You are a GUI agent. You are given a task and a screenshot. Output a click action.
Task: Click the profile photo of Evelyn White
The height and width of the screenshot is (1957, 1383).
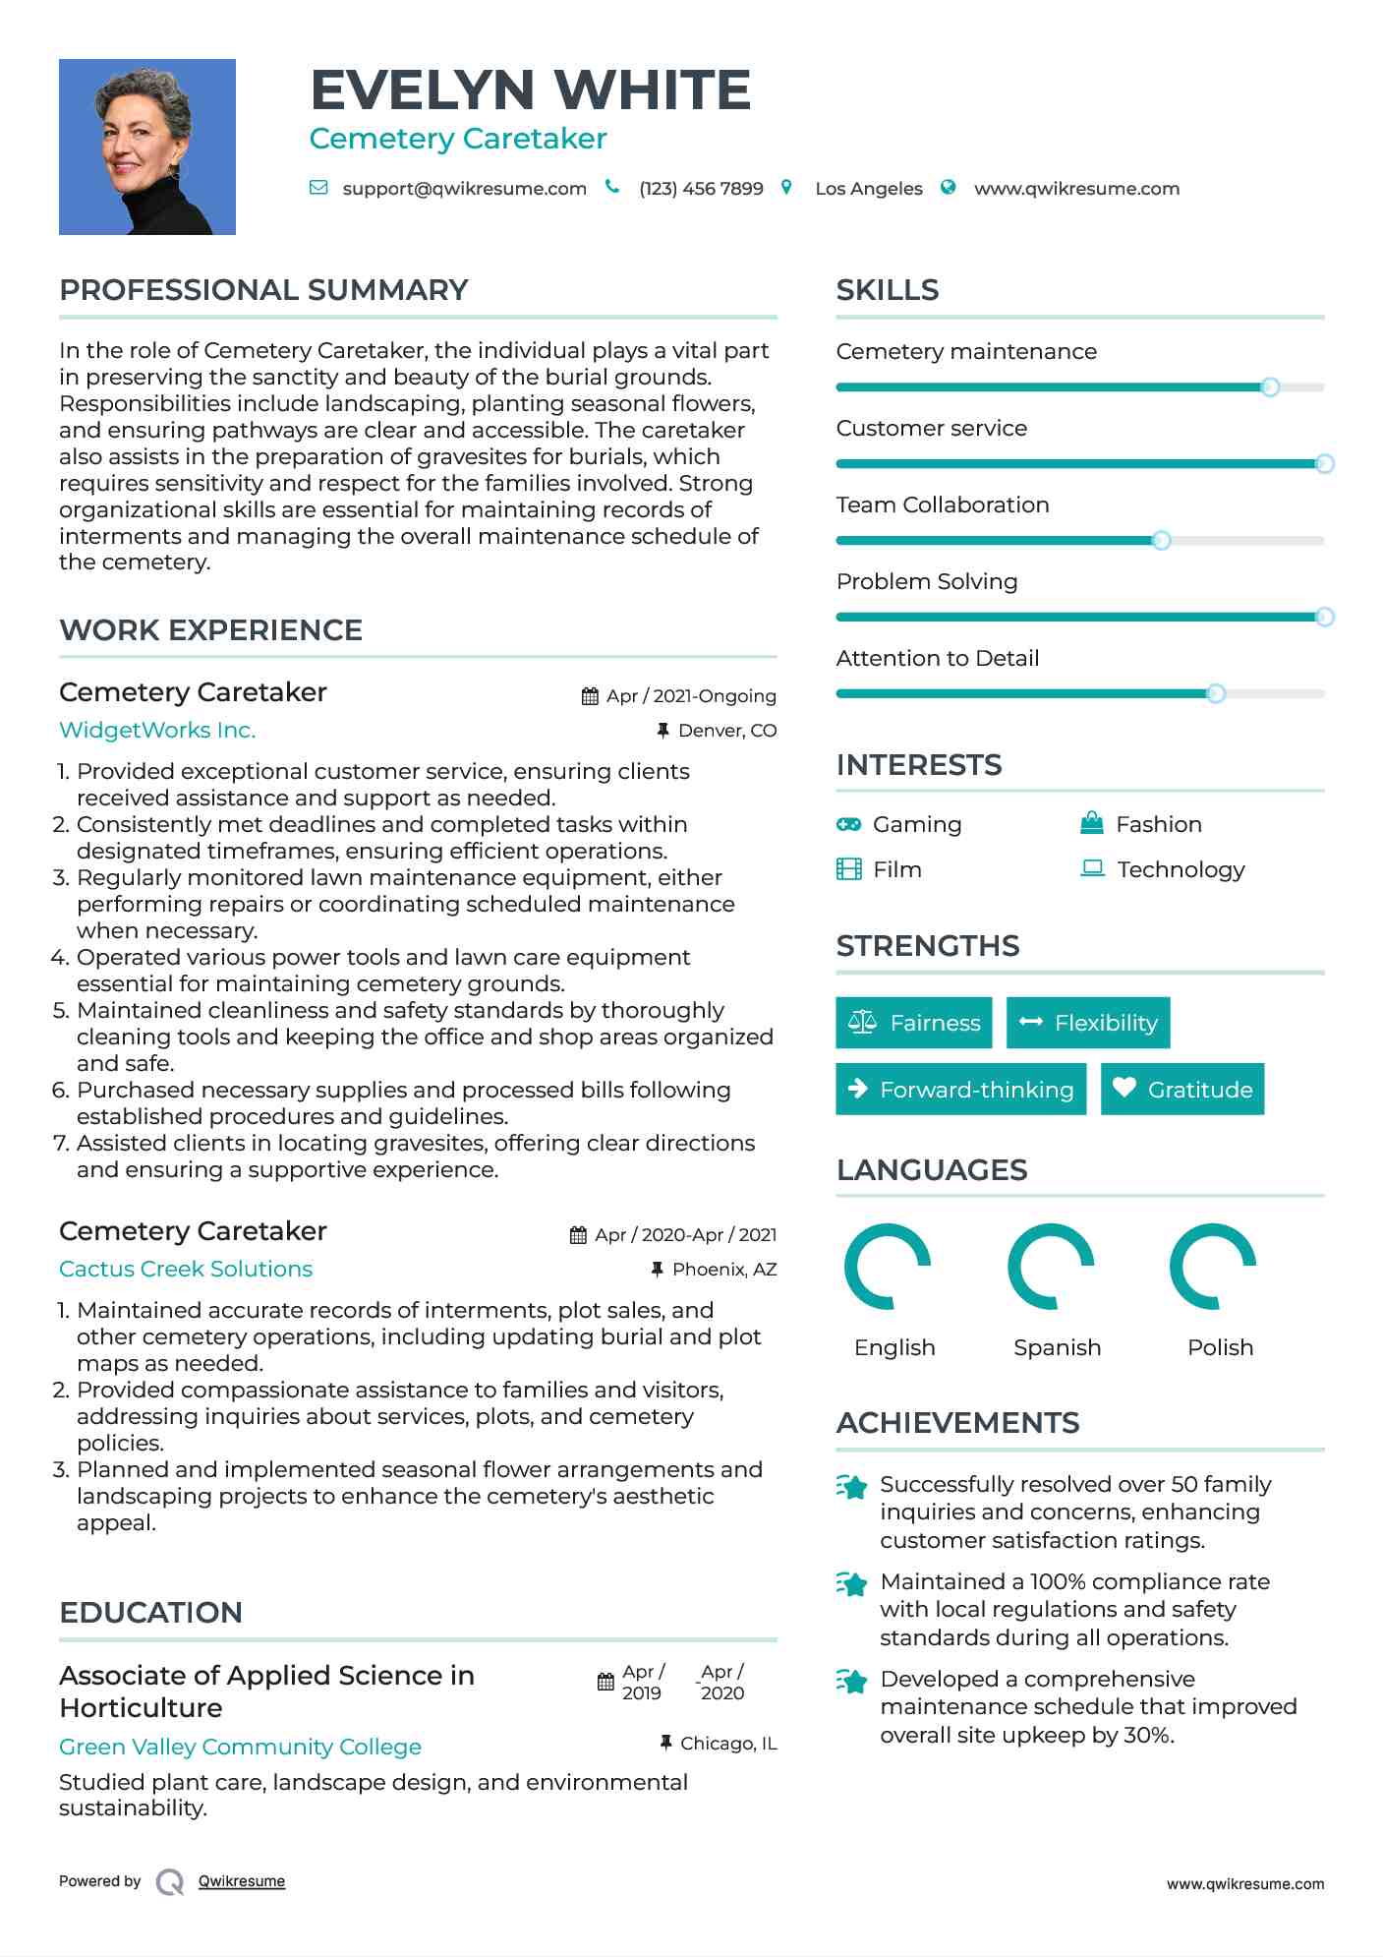click(147, 147)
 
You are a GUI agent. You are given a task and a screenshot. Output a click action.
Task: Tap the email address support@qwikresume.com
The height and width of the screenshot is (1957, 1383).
click(464, 189)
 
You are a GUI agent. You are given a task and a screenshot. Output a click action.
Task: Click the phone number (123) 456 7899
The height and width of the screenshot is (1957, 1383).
click(701, 189)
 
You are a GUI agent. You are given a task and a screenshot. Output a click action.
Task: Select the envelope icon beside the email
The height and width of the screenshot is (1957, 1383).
click(318, 188)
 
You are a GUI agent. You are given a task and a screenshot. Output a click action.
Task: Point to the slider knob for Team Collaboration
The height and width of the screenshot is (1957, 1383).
click(1161, 541)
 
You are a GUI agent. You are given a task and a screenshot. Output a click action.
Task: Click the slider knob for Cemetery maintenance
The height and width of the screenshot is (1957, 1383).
click(1270, 387)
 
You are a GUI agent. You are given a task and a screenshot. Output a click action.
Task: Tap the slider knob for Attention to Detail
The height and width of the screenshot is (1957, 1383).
click(1216, 694)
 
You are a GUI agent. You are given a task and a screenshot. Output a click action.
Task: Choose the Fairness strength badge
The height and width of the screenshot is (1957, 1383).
click(913, 1023)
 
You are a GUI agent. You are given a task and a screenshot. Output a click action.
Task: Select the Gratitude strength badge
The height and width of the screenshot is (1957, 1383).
click(1181, 1090)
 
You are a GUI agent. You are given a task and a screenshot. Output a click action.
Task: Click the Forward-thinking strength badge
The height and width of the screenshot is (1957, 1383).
click(960, 1090)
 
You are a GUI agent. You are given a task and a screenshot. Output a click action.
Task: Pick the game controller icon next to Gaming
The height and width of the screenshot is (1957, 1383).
click(848, 824)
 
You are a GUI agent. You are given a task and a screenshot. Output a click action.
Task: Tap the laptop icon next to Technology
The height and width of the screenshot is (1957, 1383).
click(1092, 868)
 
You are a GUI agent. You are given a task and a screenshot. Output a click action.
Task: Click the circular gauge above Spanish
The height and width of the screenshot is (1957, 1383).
click(1051, 1267)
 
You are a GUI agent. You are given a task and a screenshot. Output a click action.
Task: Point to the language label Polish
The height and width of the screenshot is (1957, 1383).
click(1220, 1347)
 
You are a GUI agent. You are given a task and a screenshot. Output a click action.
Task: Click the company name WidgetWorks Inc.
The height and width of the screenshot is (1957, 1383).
click(157, 731)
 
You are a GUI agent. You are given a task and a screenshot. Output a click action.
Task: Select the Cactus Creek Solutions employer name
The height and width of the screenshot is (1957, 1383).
click(186, 1270)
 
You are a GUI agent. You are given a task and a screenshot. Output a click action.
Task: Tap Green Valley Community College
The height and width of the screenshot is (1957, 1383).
click(240, 1748)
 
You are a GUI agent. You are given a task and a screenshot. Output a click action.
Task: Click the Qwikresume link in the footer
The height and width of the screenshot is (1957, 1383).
click(242, 1881)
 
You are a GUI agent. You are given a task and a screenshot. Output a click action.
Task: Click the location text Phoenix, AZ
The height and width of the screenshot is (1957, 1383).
click(724, 1270)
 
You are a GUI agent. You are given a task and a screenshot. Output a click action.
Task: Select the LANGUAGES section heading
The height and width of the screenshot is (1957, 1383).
click(931, 1170)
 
